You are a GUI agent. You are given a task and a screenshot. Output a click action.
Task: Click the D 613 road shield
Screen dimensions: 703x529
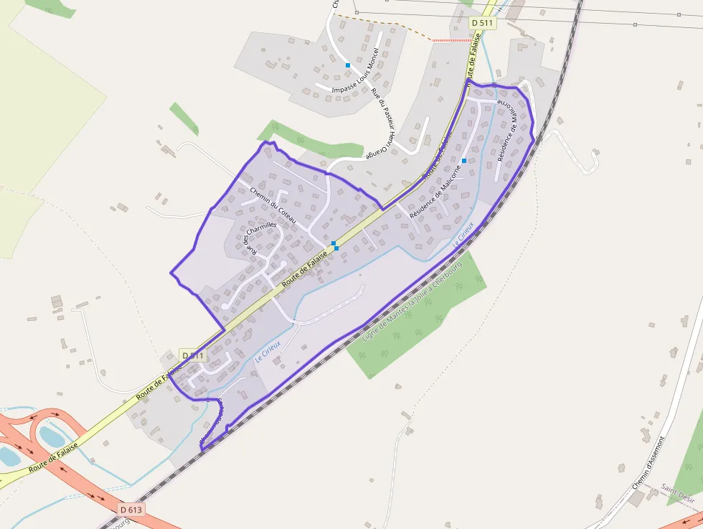pos(132,509)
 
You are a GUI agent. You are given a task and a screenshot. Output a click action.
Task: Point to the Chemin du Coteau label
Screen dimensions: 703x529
pos(273,204)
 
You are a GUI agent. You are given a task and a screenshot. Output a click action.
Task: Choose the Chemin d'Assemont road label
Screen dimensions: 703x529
pos(649,463)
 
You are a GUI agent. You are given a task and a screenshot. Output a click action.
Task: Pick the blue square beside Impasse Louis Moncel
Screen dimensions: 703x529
pos(348,65)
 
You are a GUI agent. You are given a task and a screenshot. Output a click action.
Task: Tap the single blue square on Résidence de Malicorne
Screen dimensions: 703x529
pos(464,161)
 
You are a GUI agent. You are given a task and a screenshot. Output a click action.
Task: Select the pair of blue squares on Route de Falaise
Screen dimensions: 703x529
pos(335,245)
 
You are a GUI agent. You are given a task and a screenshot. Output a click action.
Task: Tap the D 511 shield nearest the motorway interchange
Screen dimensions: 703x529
pos(193,355)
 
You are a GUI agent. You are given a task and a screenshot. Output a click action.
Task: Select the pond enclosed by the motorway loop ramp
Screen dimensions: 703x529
pos(52,435)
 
